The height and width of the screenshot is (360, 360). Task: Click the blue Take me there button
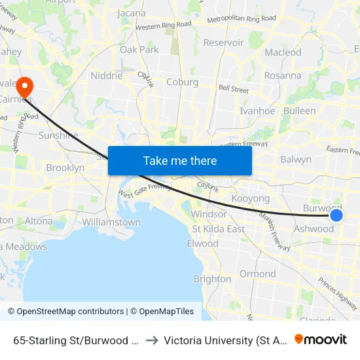pyautogui.click(x=180, y=160)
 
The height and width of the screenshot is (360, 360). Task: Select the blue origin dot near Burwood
pyautogui.click(x=336, y=215)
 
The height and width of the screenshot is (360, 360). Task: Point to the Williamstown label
pyautogui.click(x=111, y=222)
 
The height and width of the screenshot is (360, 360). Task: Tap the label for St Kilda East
pyautogui.click(x=218, y=228)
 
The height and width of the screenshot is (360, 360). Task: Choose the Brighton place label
pyautogui.click(x=212, y=279)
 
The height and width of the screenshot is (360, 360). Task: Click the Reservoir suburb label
pyautogui.click(x=224, y=43)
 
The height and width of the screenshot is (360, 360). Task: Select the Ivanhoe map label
pyautogui.click(x=257, y=111)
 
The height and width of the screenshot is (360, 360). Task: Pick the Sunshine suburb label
pyautogui.click(x=58, y=135)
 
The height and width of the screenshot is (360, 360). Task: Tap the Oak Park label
pyautogui.click(x=139, y=50)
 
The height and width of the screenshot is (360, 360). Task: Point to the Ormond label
pyautogui.click(x=257, y=274)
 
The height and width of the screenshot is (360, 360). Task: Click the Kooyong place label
pyautogui.click(x=251, y=198)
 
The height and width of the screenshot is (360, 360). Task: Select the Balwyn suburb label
pyautogui.click(x=296, y=159)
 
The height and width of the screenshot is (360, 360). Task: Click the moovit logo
pyautogui.click(x=321, y=340)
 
